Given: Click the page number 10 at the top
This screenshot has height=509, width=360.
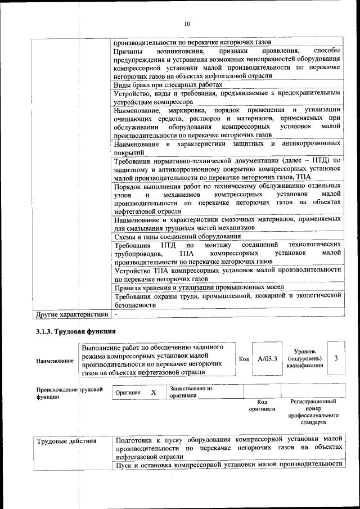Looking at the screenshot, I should [187, 24].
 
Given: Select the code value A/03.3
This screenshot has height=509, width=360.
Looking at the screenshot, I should [267, 358].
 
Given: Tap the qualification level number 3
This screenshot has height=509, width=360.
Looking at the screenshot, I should [336, 358].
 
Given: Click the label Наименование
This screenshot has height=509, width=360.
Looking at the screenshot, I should [55, 361].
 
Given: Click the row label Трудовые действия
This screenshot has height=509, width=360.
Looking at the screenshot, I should [66, 441].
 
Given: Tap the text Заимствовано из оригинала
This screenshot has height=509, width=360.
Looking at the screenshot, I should [191, 391].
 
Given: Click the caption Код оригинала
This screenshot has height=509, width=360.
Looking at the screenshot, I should [262, 405].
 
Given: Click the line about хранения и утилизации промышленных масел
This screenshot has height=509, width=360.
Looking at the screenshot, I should [199, 287].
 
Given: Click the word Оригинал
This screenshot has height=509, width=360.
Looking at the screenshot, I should [128, 393].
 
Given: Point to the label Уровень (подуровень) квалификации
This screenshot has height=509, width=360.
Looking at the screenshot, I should [304, 358].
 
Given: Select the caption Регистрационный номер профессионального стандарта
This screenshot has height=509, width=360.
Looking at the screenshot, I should [313, 411].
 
